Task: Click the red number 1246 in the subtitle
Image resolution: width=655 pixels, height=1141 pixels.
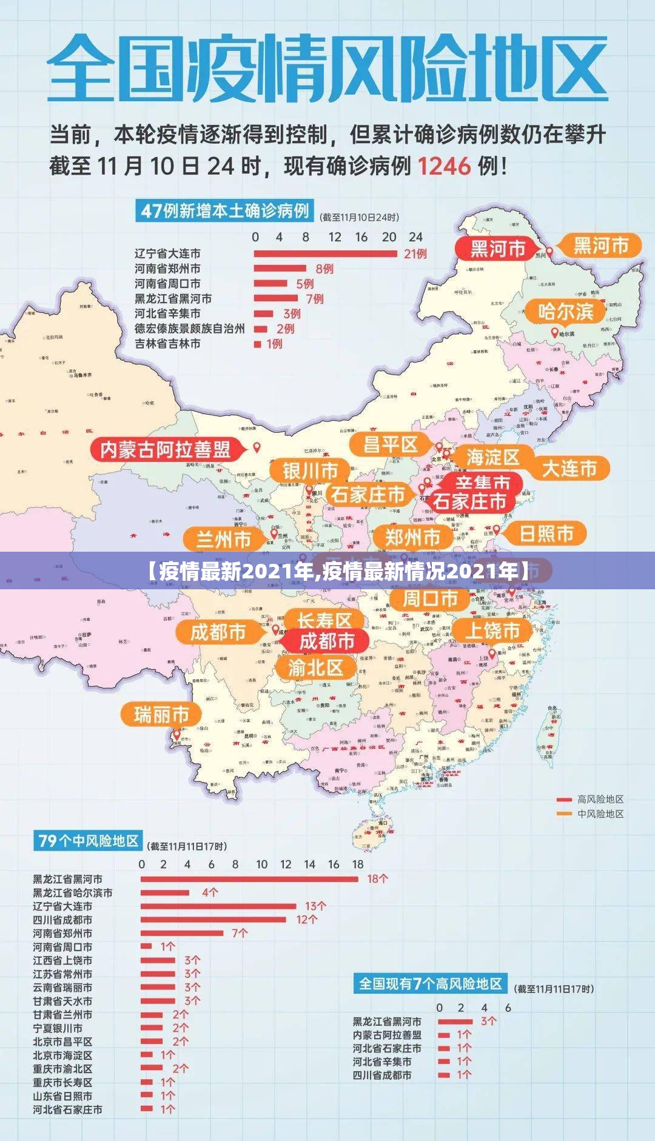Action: coord(444,166)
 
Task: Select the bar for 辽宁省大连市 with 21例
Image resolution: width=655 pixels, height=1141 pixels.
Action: coord(325,253)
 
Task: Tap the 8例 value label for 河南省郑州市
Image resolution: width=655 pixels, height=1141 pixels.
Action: coord(324,269)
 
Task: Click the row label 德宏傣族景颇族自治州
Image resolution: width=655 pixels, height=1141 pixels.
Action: coord(189,329)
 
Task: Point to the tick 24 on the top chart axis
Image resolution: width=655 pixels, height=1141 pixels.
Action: coord(415,237)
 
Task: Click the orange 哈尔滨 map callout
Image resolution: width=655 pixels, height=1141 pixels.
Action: coord(566,312)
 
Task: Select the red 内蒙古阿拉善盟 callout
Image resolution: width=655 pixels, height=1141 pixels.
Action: coord(165,449)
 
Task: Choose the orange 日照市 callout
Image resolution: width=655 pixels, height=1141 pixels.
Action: coord(546,534)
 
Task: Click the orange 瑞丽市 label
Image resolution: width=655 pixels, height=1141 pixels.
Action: coord(161,714)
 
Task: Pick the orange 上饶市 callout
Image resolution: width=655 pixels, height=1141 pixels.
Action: coord(492,631)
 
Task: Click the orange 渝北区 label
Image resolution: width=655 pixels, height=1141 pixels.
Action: coord(315,668)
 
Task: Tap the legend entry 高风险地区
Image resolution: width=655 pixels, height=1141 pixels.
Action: coord(600,800)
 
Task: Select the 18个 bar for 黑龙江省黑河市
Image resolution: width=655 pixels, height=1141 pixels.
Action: coord(249,878)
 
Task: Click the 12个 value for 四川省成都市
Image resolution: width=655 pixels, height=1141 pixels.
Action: coord(306,920)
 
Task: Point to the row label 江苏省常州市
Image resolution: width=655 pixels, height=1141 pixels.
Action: coord(62,974)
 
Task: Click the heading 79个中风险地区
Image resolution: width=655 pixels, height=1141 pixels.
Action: coord(88,841)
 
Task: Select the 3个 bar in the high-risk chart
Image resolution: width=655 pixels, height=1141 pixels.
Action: coord(455,1021)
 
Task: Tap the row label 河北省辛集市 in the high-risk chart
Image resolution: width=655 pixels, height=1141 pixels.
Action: coord(382,1062)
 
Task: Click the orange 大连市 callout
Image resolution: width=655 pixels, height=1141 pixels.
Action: coord(569,468)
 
